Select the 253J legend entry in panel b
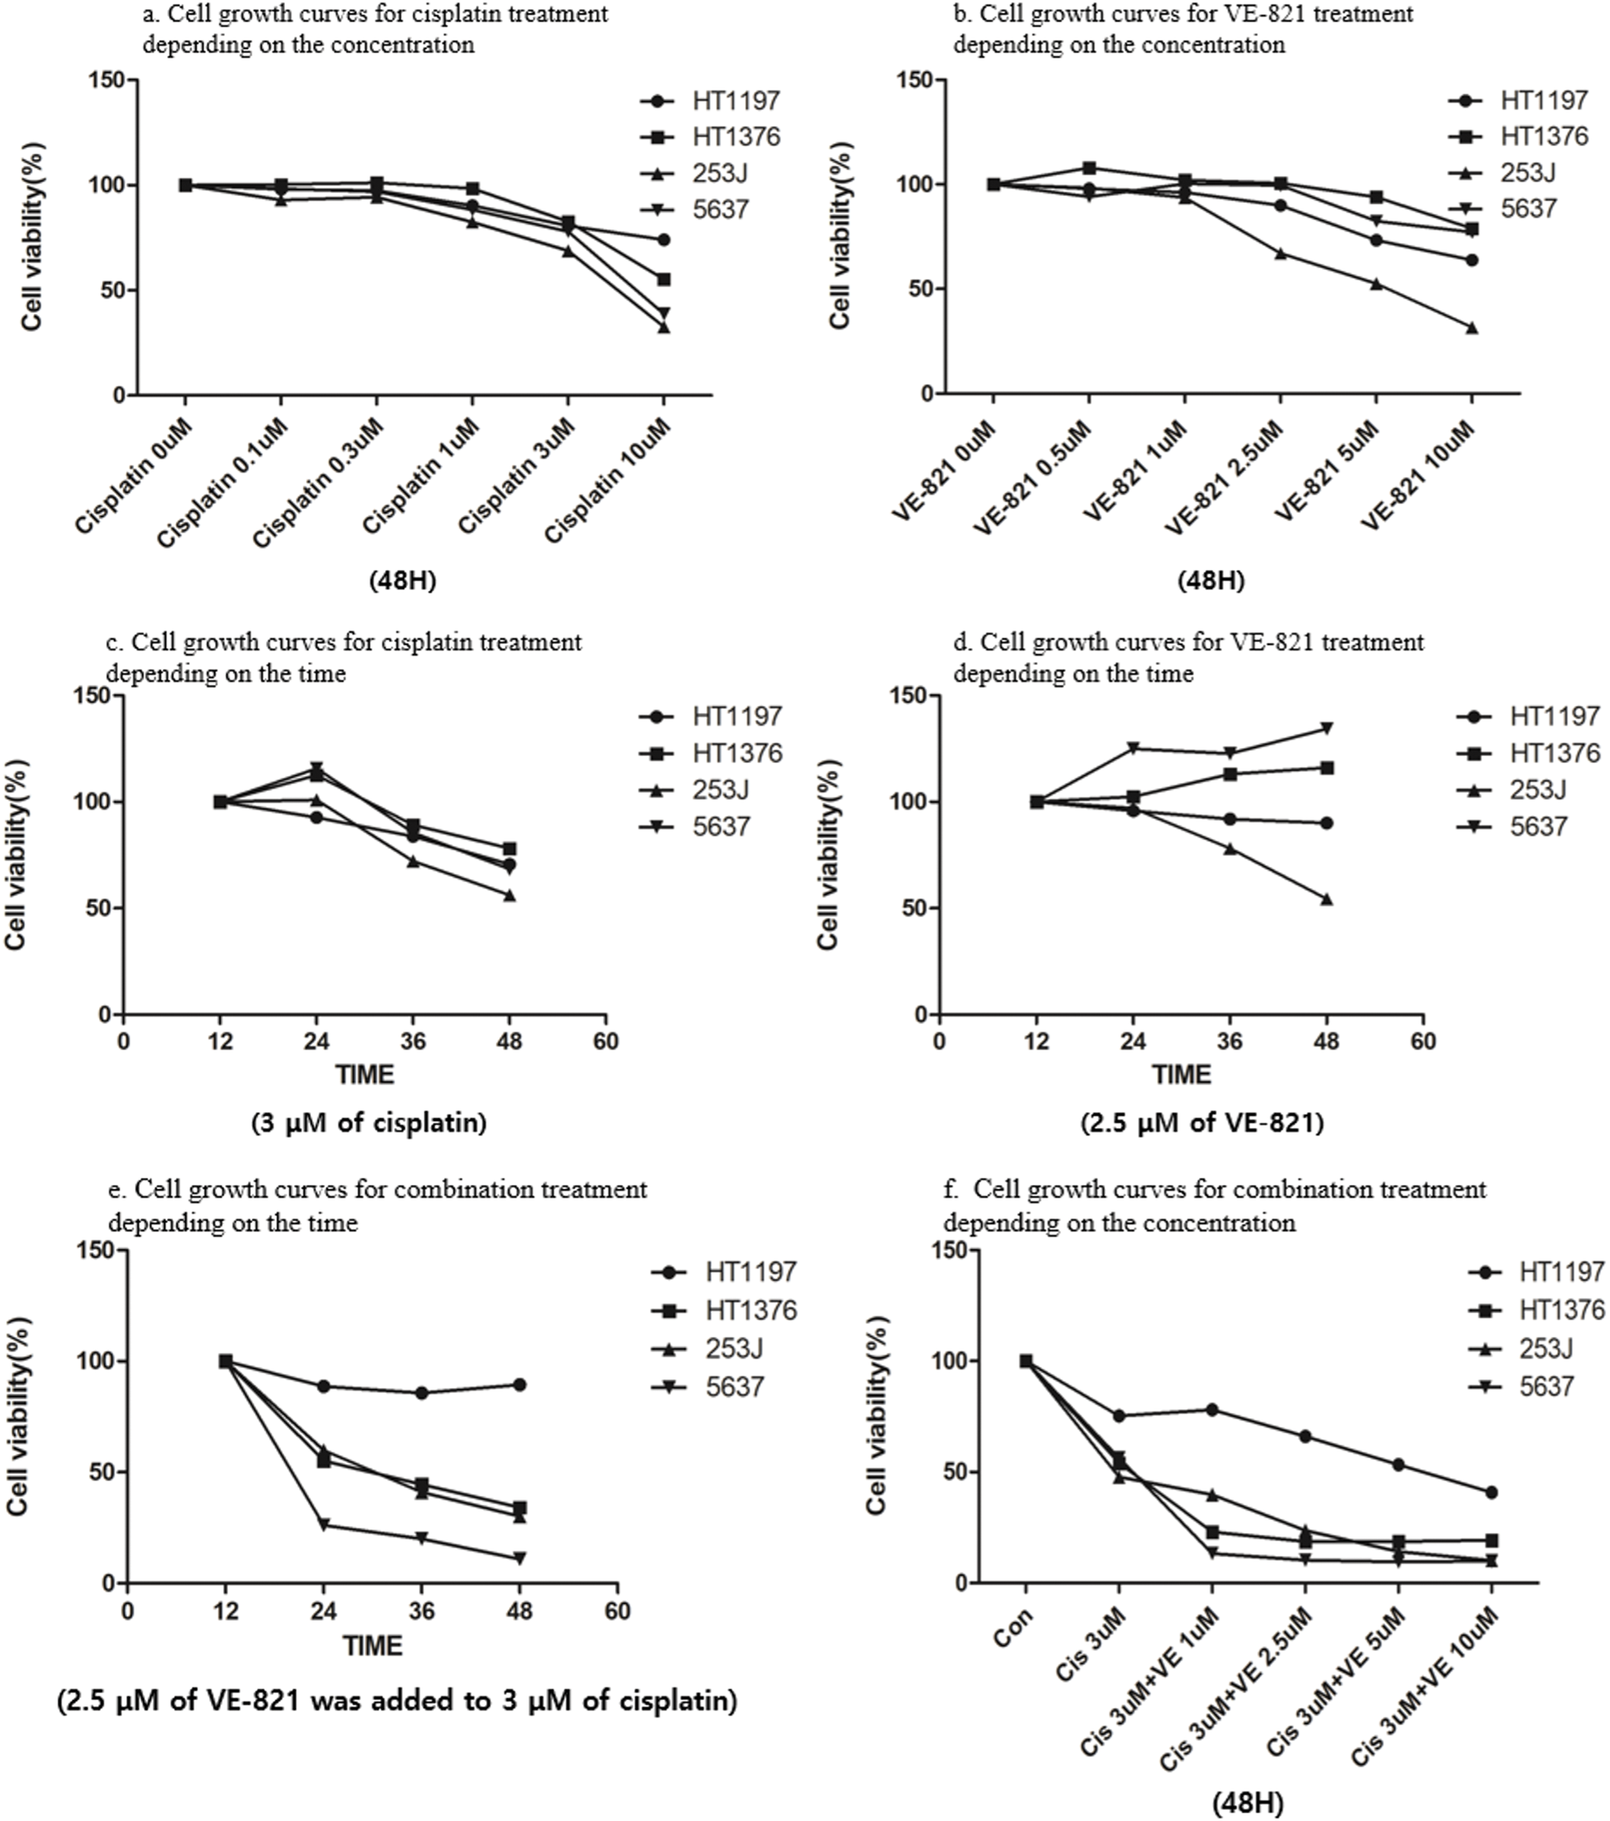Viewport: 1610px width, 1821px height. (1527, 173)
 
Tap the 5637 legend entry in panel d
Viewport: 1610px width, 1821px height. (1538, 826)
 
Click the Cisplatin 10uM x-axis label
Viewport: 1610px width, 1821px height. (610, 480)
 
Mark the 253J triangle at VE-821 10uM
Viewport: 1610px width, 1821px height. (1471, 328)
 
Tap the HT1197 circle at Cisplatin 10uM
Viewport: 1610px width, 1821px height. (663, 239)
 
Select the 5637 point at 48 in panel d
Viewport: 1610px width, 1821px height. (1326, 728)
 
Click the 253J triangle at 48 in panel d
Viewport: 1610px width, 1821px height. (1326, 900)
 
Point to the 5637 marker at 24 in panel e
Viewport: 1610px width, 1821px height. (325, 1525)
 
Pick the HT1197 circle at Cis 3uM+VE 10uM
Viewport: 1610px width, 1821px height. (1491, 1492)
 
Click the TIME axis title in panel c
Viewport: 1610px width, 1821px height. (364, 1075)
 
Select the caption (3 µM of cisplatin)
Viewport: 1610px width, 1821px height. (369, 1123)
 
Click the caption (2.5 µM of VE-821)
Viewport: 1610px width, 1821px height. (1202, 1123)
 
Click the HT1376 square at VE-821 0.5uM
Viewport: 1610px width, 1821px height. (1089, 167)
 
